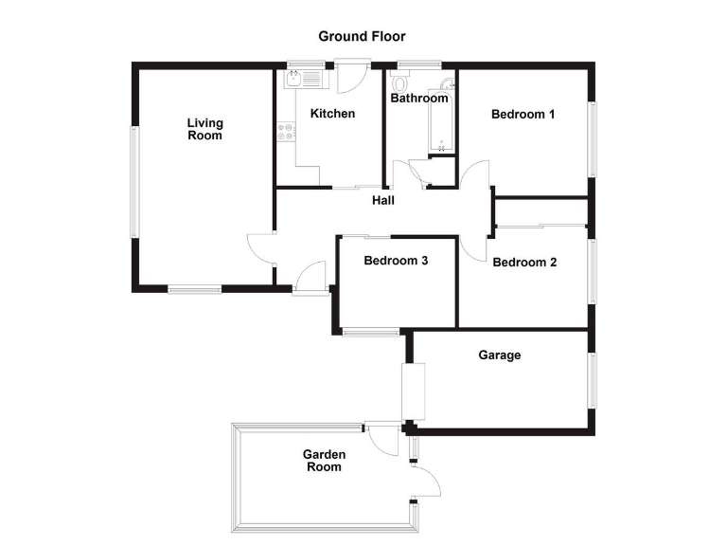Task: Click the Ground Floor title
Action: tap(362, 37)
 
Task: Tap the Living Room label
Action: tap(204, 129)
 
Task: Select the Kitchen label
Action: tap(332, 114)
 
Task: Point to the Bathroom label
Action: tap(419, 98)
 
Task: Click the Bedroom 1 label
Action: tap(523, 115)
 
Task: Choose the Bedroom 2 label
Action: tap(524, 263)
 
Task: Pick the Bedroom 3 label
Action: tap(397, 261)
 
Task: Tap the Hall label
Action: tap(383, 200)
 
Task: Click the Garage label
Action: tap(499, 355)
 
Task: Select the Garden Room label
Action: tap(323, 461)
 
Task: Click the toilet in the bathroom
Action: tap(397, 82)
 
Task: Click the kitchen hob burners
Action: tap(283, 133)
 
